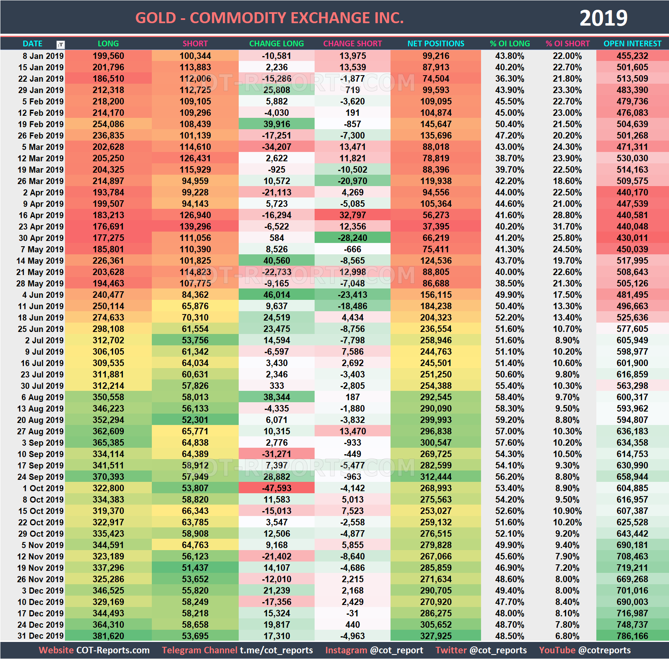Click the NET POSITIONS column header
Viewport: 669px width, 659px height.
tap(436, 43)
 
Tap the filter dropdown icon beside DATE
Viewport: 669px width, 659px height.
tap(60, 45)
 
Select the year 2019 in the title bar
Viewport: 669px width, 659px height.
tap(603, 18)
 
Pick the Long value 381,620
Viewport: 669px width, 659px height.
tap(108, 636)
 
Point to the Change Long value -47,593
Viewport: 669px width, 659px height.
tap(276, 488)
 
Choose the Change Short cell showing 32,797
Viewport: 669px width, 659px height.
tap(352, 215)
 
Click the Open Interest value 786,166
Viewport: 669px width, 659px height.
tap(632, 636)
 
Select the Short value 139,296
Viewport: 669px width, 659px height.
tap(195, 226)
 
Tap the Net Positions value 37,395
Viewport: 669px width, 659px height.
tap(436, 226)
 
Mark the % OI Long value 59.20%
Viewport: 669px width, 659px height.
tap(509, 420)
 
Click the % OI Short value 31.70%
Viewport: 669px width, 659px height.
tap(567, 226)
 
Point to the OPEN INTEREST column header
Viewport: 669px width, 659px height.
tap(632, 43)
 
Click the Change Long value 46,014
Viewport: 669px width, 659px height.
tap(276, 295)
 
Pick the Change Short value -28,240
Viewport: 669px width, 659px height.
tap(352, 238)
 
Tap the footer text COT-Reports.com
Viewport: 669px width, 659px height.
tap(113, 650)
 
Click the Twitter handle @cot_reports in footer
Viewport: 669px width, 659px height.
tap(498, 650)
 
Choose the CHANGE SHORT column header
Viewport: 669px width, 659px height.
tap(352, 43)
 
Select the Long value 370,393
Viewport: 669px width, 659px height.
tap(108, 477)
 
